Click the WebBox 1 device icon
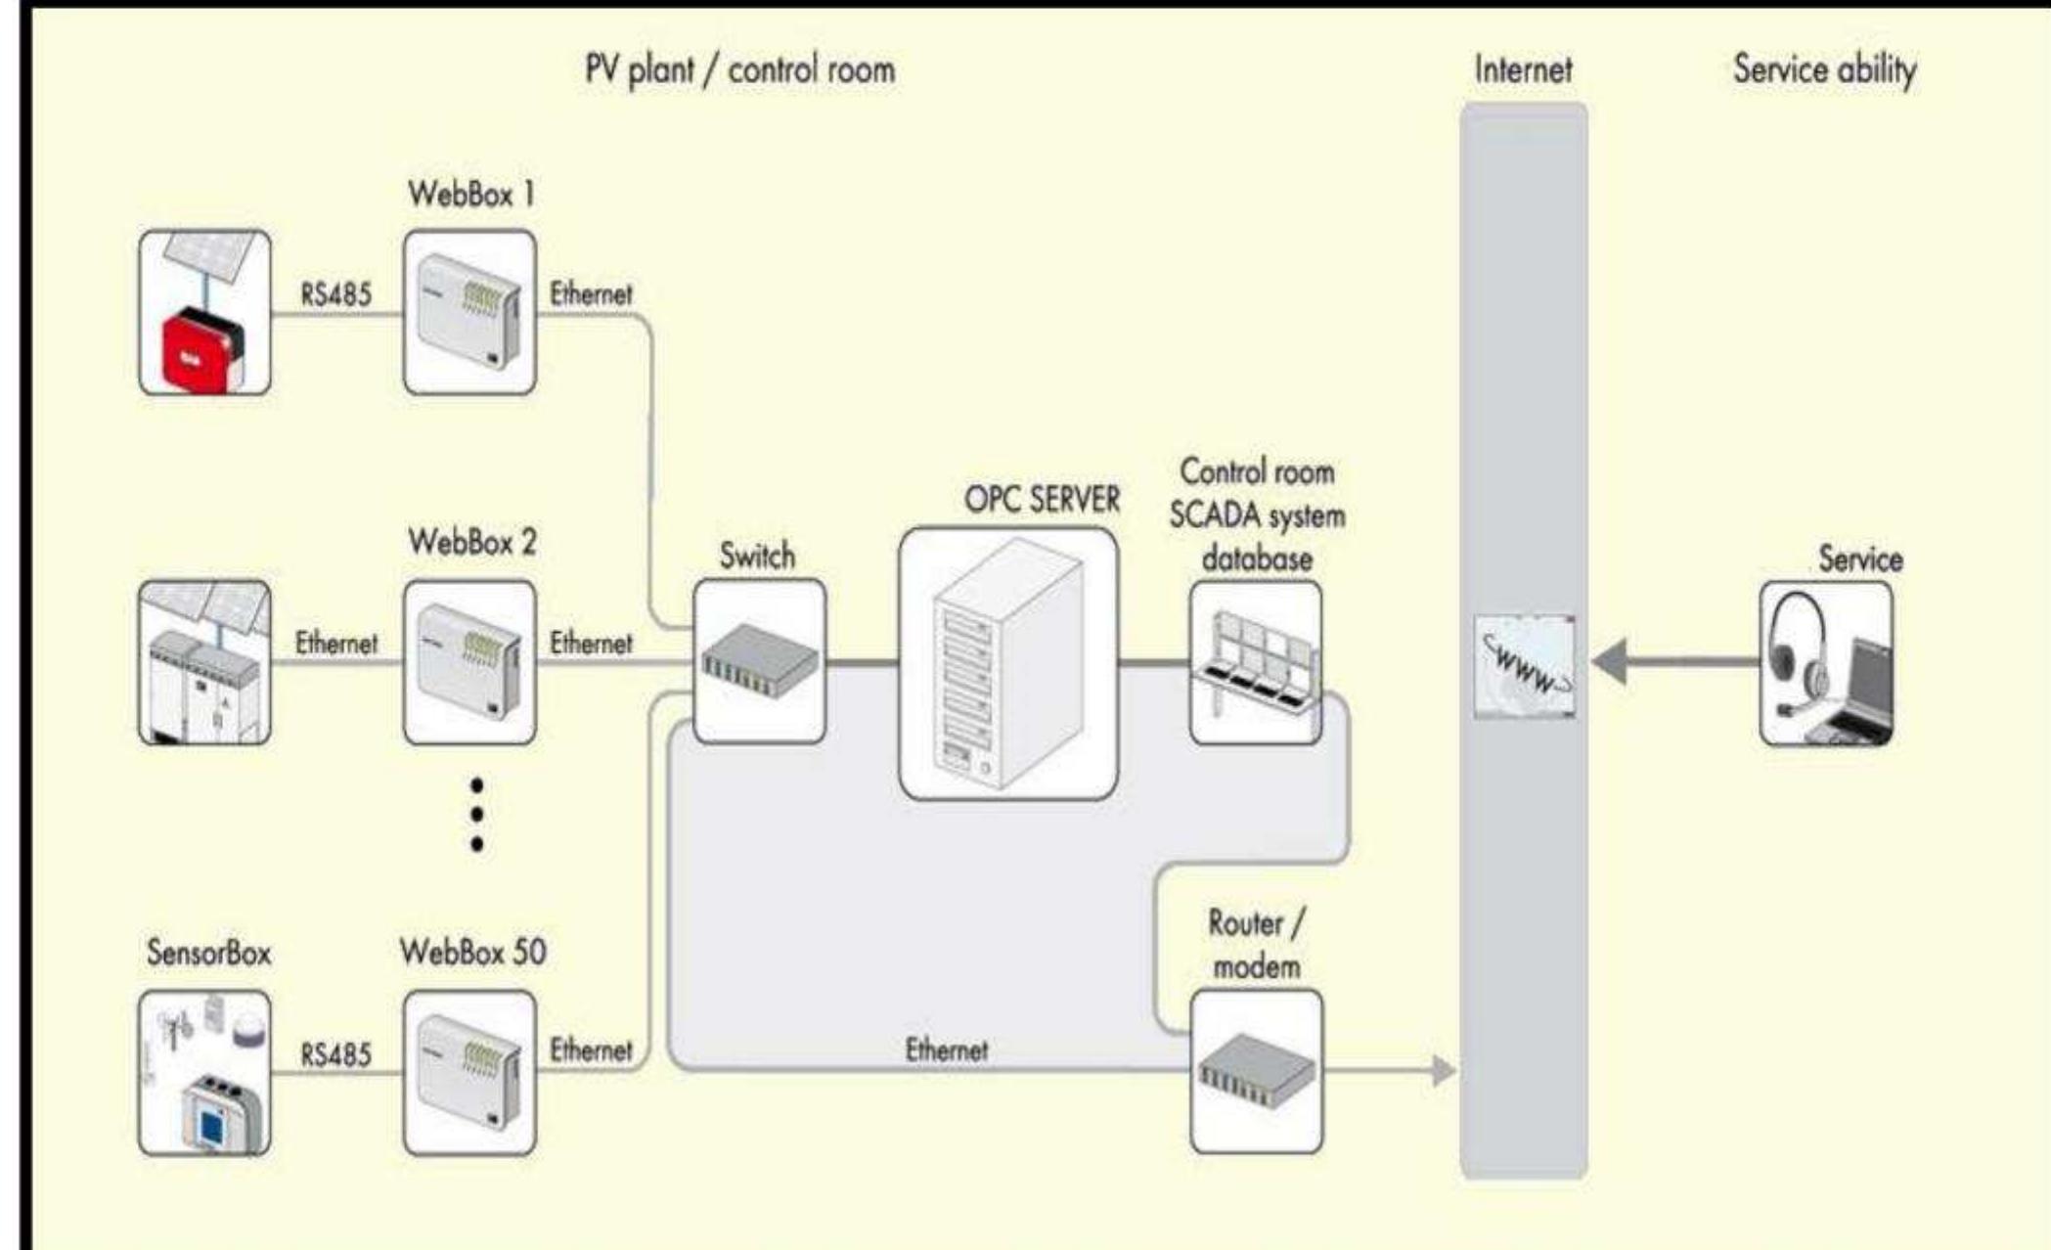click(469, 312)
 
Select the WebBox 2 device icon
click(469, 662)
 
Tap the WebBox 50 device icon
click(469, 1072)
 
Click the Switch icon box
click(759, 661)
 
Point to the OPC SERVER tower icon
click(1008, 663)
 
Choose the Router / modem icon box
click(1257, 1071)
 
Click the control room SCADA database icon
click(1256, 662)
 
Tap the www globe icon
click(1525, 666)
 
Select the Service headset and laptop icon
click(1826, 663)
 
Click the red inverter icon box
click(204, 312)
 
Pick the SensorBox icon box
click(204, 1072)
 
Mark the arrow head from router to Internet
click(1443, 1071)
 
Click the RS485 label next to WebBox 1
click(335, 293)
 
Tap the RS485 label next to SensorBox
click(335, 1054)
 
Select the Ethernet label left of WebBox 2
click(335, 643)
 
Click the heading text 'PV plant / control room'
click(739, 69)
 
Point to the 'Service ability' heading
click(1824, 69)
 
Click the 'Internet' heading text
click(1523, 69)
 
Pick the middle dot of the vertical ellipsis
click(476, 814)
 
